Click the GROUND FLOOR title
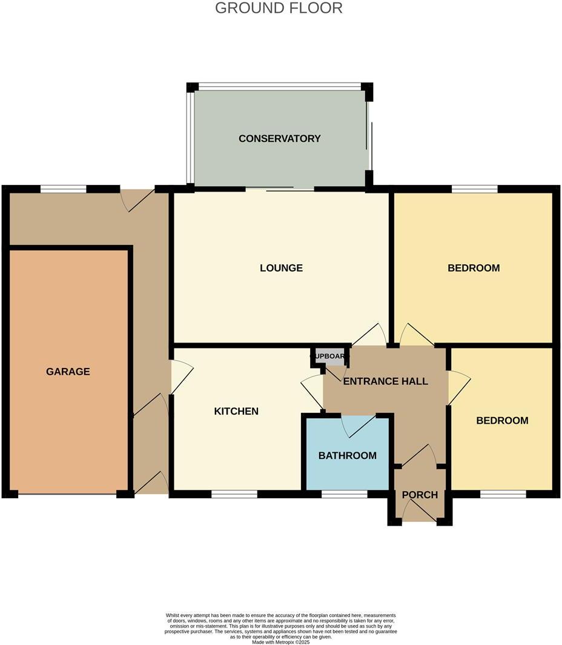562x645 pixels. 279,8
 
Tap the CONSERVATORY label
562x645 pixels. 279,139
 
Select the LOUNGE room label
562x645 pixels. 281,268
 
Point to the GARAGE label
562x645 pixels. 68,372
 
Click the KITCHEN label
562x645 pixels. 236,412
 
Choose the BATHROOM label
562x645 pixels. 348,456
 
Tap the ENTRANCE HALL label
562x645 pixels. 385,381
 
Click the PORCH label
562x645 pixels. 420,495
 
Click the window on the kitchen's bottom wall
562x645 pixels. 234,495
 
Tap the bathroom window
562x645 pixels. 344,495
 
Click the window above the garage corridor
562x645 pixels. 64,189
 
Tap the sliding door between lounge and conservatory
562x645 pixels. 280,190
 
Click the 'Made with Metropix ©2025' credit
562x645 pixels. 280,642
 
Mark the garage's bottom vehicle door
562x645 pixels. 67,495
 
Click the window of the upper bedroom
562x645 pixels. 474,189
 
